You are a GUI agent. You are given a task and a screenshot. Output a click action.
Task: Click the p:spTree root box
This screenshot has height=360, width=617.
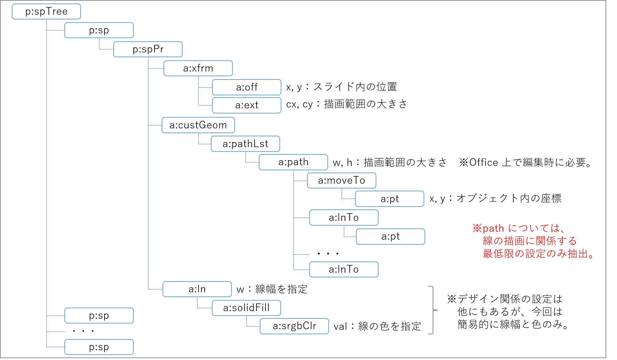(46, 12)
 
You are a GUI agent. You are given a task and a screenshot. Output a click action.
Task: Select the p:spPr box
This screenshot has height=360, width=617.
(148, 49)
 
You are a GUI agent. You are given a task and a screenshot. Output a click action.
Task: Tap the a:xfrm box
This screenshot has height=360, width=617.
(198, 68)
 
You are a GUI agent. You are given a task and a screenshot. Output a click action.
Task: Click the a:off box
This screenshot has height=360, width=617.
(247, 87)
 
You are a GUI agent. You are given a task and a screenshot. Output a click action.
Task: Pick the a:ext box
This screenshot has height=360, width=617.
(247, 105)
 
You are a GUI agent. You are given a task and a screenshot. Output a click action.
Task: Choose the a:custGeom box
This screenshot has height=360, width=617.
(198, 125)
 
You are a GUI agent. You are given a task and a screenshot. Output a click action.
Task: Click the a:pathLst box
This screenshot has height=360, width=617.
(245, 144)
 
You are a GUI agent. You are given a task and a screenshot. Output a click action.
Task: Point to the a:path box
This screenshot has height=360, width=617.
(293, 162)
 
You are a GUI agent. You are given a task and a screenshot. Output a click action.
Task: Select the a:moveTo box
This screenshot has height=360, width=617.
(342, 180)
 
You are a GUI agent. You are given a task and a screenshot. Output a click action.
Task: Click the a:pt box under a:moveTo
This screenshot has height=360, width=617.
(390, 199)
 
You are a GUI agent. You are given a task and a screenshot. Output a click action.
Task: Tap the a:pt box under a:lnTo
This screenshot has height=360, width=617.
(391, 236)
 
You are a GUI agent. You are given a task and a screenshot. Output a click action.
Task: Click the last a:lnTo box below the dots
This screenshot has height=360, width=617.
(344, 269)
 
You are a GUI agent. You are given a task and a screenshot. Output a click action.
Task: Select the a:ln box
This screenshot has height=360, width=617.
(197, 289)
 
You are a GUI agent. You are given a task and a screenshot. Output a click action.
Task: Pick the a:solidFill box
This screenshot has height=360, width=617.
(246, 308)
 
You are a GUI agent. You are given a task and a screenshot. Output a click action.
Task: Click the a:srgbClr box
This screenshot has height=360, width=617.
(294, 326)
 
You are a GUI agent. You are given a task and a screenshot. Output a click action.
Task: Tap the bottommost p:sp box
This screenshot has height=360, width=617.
(99, 347)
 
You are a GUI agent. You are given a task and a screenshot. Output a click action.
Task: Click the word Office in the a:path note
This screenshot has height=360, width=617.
(484, 162)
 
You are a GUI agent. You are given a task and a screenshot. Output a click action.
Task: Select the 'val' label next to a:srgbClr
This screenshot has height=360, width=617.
(340, 326)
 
